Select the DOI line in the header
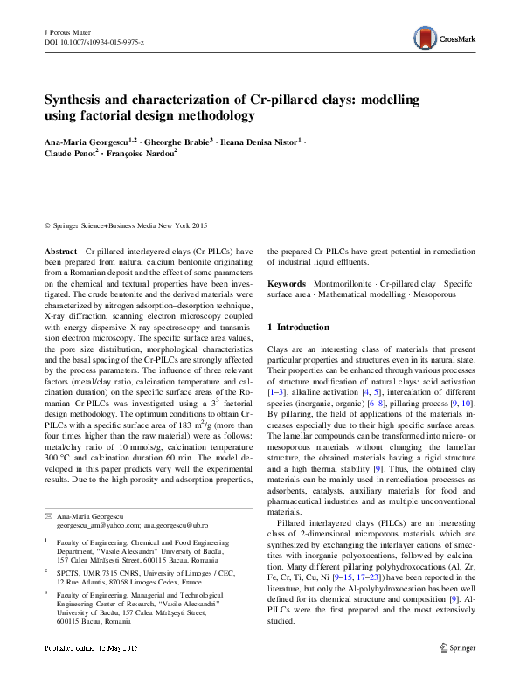[94, 41]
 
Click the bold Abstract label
[60, 250]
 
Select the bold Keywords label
[286, 284]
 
